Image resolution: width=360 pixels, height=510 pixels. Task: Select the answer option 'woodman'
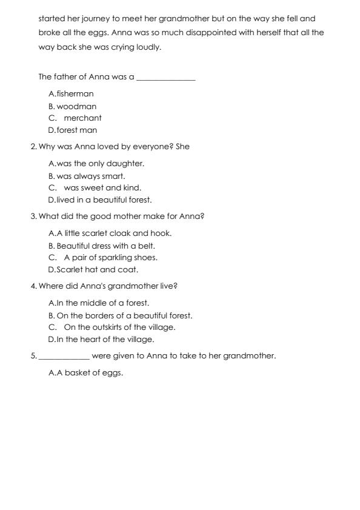tap(76, 106)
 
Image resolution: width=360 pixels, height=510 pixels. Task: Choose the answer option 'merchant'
tap(82, 118)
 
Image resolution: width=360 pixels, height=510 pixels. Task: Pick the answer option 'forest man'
tap(76, 130)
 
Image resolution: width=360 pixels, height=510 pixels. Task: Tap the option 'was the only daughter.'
tap(100, 164)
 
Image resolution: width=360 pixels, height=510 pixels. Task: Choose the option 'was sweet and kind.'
tap(102, 188)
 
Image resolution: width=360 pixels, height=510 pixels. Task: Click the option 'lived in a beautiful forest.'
tap(104, 200)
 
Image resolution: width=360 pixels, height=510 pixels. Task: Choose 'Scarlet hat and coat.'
tap(97, 270)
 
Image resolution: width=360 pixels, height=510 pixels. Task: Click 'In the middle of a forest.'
tap(102, 303)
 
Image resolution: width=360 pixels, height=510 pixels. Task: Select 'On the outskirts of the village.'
tap(119, 327)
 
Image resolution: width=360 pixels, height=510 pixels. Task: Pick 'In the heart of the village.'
tap(105, 340)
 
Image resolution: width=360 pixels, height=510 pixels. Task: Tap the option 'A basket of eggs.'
tap(90, 373)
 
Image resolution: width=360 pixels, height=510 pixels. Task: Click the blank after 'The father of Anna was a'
tap(166, 78)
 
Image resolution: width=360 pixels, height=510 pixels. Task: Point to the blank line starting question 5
tap(64, 357)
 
